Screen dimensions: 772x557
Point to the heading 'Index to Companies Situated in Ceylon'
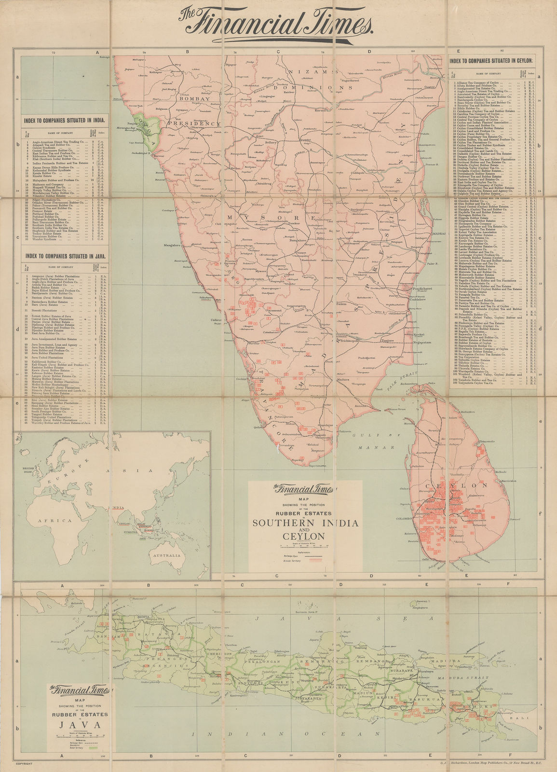coord(491,61)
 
